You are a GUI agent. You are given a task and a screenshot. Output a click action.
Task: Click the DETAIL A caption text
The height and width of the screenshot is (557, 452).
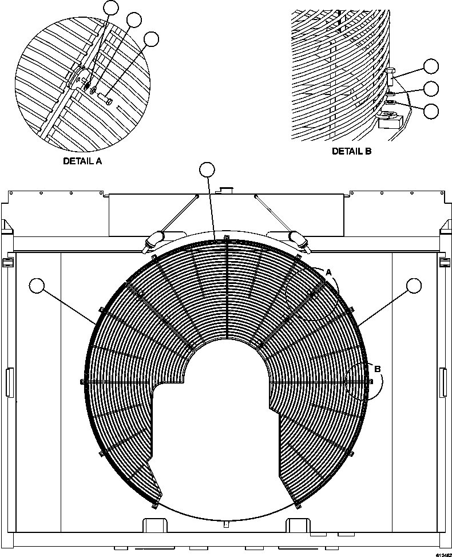(x=82, y=161)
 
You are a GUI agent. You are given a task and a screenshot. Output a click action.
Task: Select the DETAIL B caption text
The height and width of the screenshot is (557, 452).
(x=351, y=151)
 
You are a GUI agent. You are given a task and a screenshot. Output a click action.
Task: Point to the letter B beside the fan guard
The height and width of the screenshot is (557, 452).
(x=377, y=369)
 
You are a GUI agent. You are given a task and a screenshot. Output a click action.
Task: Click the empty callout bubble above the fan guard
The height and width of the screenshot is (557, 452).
(x=207, y=169)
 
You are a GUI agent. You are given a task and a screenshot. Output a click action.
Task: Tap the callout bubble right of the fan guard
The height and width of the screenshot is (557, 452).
(x=413, y=285)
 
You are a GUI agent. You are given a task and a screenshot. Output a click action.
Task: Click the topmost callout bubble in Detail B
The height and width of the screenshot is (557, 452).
(x=431, y=67)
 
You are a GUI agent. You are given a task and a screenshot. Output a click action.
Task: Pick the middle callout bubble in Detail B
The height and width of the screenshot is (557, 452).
(x=431, y=89)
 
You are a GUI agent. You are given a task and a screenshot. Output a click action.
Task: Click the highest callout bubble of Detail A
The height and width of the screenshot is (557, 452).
(x=111, y=7)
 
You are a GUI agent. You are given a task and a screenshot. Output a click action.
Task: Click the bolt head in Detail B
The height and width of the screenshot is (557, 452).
(x=390, y=72)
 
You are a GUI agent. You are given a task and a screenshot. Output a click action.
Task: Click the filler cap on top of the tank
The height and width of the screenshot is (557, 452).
(x=227, y=189)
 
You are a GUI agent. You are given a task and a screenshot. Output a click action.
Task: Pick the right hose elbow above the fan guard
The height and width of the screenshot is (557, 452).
(x=300, y=239)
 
